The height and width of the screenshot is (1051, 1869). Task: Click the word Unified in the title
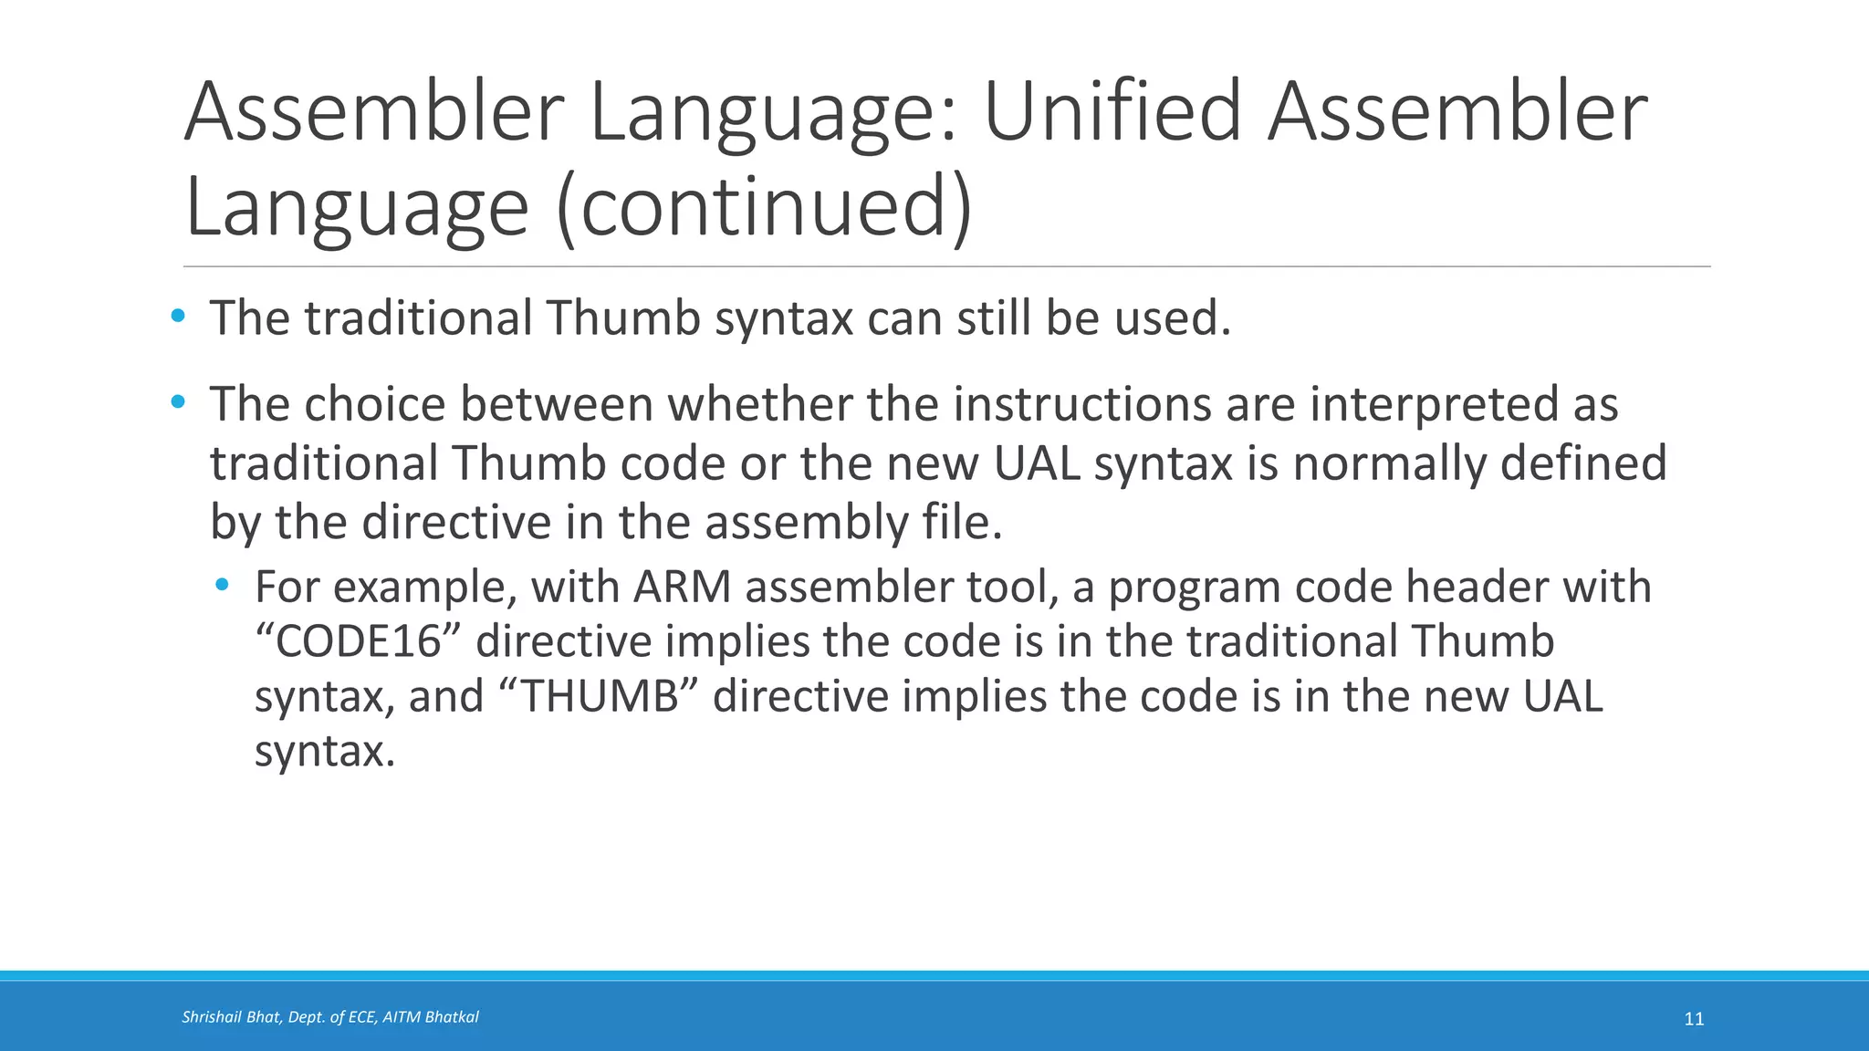(x=1112, y=113)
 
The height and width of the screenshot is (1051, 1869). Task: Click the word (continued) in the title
(x=763, y=208)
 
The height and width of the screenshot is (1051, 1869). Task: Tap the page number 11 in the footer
(x=1694, y=1019)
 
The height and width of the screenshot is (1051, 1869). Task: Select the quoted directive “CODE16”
(x=358, y=642)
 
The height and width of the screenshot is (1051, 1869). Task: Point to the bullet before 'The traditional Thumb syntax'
(x=178, y=317)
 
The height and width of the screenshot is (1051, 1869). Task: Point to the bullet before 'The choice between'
(x=178, y=401)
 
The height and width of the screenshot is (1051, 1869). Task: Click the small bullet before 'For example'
(x=222, y=584)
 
